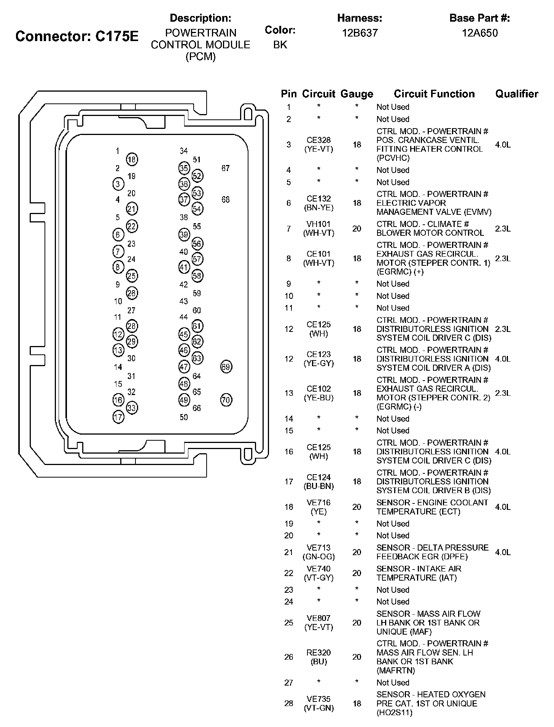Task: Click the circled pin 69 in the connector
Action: [226, 367]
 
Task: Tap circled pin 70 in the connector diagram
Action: [226, 400]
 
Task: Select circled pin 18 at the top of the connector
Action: [132, 160]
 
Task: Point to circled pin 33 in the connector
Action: [132, 408]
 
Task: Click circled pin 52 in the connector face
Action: [197, 176]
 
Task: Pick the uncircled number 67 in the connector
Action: [226, 168]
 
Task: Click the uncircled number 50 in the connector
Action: [184, 417]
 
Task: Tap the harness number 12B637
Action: [360, 33]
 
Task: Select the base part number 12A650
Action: [479, 33]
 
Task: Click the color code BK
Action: [280, 45]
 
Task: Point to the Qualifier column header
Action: [516, 94]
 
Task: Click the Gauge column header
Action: [357, 94]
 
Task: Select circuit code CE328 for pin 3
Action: [318, 140]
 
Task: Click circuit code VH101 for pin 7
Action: [318, 224]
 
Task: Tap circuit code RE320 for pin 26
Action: [318, 652]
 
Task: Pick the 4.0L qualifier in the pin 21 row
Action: [503, 552]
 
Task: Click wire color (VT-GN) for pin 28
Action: [318, 708]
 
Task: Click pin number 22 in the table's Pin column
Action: [289, 573]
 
